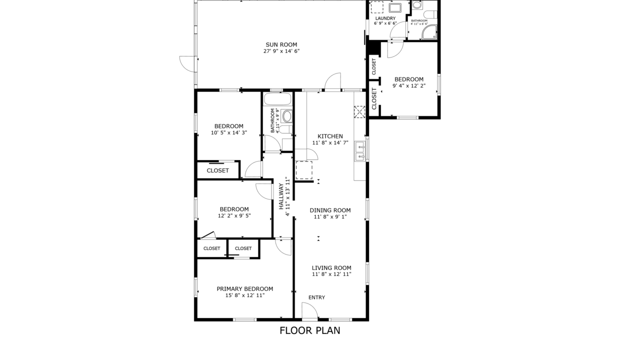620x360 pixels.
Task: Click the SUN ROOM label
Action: click(281, 44)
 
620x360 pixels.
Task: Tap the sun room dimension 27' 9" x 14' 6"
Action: click(281, 51)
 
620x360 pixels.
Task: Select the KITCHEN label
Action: click(330, 136)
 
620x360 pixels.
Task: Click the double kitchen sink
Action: click(359, 152)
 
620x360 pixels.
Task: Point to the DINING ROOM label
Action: click(330, 210)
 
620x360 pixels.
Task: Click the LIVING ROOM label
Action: click(331, 267)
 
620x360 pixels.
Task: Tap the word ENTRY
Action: click(316, 297)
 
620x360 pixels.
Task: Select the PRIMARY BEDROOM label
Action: click(244, 288)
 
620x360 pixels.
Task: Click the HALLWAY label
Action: click(281, 195)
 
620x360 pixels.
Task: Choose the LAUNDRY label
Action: click(385, 18)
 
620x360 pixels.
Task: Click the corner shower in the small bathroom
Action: click(429, 33)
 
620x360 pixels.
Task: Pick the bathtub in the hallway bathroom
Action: click(277, 98)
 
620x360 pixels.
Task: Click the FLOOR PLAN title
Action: click(309, 330)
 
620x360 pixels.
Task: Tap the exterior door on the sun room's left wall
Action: click(188, 64)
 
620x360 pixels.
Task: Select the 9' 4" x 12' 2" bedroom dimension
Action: click(408, 85)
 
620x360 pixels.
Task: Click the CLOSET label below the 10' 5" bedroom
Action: click(217, 170)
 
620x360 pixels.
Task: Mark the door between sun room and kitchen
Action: click(333, 81)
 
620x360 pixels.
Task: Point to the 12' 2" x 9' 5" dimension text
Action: click(234, 216)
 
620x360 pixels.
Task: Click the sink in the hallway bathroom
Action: click(287, 116)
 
